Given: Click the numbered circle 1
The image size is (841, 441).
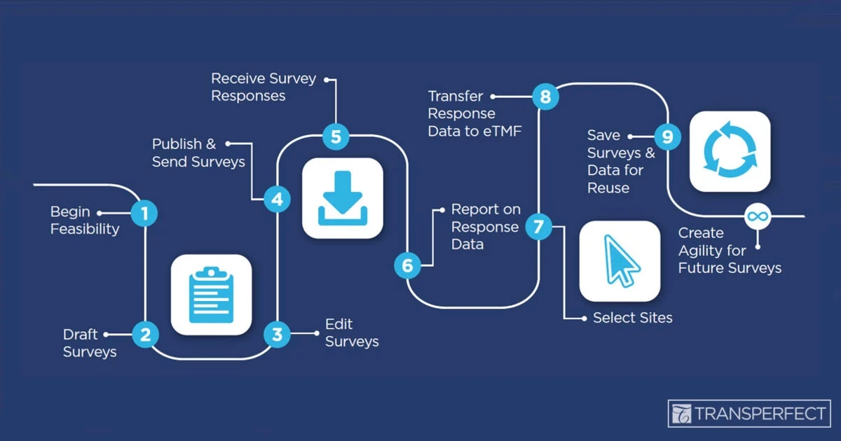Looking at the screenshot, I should (x=144, y=213).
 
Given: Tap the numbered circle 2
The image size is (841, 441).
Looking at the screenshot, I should (x=145, y=335).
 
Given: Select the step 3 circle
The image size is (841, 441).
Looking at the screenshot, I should (x=277, y=335).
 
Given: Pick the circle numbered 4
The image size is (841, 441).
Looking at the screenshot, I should (x=278, y=199).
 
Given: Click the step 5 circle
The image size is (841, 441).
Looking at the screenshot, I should (x=336, y=136).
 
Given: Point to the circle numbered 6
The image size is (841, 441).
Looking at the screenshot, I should (x=408, y=265).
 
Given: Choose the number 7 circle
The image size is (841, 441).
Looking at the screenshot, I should (x=538, y=226).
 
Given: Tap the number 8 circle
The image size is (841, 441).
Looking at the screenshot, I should (x=545, y=96).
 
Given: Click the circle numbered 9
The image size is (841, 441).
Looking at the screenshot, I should (x=667, y=136).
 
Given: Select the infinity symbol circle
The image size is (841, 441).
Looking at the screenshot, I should (x=755, y=216).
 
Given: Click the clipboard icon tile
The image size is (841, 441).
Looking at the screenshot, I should (x=211, y=294).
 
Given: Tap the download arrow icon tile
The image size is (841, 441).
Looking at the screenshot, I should (x=343, y=198).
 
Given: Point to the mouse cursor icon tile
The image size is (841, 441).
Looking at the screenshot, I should (x=620, y=261).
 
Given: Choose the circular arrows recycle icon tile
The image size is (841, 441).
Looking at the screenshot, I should (x=730, y=150).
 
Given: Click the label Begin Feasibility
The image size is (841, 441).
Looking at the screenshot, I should (x=84, y=220).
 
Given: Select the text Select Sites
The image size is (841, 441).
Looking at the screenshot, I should (x=632, y=318).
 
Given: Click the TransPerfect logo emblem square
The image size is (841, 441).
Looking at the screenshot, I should (x=681, y=414).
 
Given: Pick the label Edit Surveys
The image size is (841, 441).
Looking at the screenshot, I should (x=352, y=332).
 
